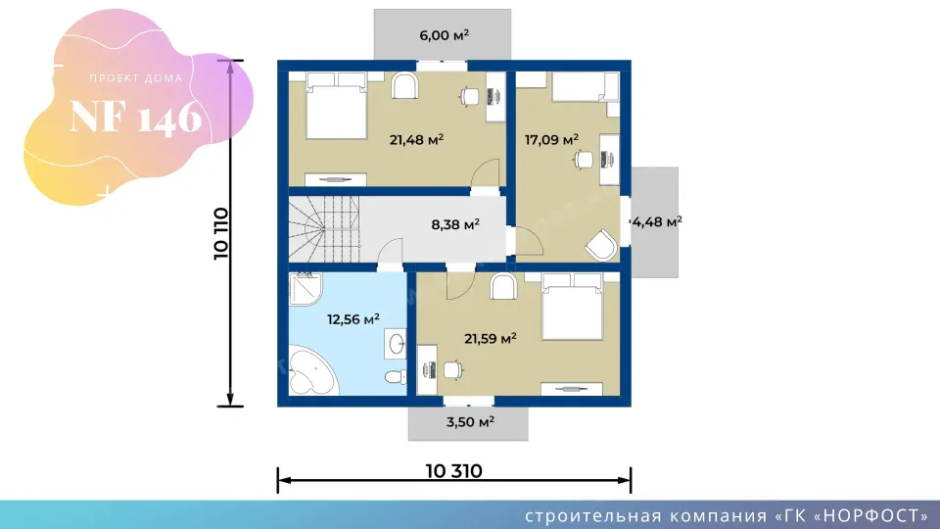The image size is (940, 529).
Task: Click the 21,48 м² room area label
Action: [417, 140]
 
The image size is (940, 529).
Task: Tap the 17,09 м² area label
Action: [551, 140]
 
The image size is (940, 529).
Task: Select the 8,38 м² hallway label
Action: [455, 225]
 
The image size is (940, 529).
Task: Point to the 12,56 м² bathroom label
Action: [353, 319]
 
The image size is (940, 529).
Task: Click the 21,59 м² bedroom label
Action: [491, 339]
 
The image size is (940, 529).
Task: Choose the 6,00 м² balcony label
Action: [445, 35]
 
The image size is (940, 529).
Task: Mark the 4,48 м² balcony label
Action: [657, 222]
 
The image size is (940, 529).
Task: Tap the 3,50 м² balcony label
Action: [470, 421]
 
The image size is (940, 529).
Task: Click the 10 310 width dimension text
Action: [453, 471]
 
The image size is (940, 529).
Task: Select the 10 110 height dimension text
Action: [221, 233]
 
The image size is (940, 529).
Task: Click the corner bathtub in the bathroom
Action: [312, 371]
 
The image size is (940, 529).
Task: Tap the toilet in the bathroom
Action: [395, 376]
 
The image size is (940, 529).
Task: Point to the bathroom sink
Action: [396, 344]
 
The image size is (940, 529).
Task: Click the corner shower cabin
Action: [305, 289]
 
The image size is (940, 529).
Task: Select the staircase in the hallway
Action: [324, 229]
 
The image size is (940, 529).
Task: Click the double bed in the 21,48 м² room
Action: [336, 106]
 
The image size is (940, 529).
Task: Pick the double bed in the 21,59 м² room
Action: [572, 307]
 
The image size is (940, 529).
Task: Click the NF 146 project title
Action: [136, 117]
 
